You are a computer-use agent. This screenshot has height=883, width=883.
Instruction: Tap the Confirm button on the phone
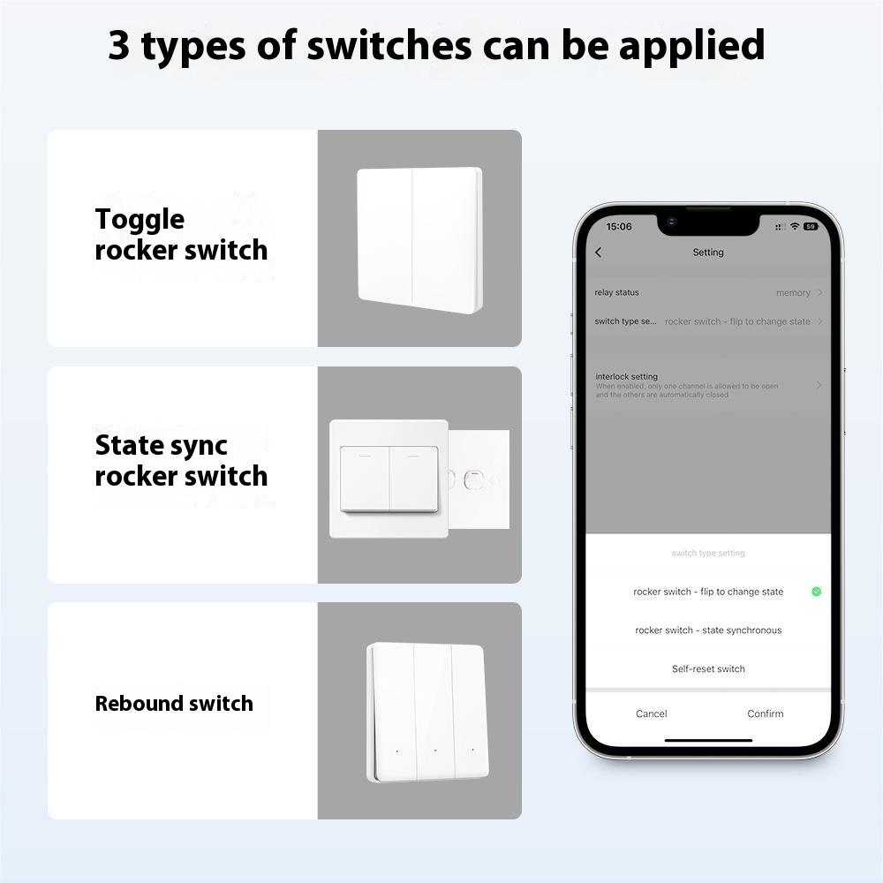[x=765, y=713]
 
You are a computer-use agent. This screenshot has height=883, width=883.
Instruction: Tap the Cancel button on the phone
[x=652, y=713]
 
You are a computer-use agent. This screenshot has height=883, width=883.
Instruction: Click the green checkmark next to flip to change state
[x=816, y=592]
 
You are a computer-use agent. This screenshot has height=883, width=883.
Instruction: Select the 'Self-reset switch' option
[x=708, y=668]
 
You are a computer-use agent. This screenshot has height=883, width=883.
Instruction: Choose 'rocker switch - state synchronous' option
[x=708, y=630]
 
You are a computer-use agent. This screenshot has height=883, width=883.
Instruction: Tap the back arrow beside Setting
[x=599, y=253]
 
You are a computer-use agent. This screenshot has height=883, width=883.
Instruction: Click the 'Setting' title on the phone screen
[x=708, y=253]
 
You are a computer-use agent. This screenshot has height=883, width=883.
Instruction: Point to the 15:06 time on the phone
[x=619, y=227]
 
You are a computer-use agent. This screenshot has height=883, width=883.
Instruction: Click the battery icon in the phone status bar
[x=811, y=227]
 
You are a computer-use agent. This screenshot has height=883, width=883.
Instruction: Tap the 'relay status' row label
[x=616, y=292]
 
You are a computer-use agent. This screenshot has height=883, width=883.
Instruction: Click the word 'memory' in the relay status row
[x=793, y=293]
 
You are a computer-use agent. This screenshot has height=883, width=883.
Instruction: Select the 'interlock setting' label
[x=626, y=376]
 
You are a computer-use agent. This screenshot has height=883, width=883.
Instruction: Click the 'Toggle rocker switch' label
[x=181, y=235]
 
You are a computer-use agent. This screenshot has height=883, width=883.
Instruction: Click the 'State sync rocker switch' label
[x=181, y=461]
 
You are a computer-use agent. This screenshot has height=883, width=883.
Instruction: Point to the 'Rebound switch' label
[x=174, y=704]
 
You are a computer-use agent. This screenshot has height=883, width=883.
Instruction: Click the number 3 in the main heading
[x=119, y=46]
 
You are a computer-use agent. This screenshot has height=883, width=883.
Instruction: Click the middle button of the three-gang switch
[x=434, y=711]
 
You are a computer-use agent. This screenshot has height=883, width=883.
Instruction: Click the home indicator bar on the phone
[x=708, y=740]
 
